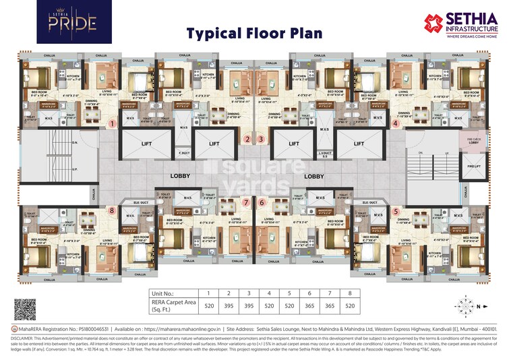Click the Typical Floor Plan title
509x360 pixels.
[254, 34]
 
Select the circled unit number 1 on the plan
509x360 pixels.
[113, 123]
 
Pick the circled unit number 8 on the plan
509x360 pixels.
[111, 210]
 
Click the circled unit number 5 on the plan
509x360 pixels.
[396, 210]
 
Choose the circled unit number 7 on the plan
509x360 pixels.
[246, 202]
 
